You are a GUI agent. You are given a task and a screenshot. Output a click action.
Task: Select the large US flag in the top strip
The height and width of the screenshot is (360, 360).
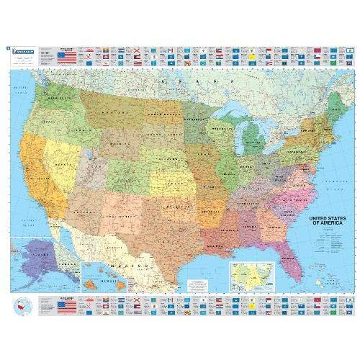pyautogui.click(x=67, y=55)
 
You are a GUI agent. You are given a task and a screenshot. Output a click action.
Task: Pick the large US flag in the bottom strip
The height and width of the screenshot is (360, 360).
pyautogui.click(x=67, y=307)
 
